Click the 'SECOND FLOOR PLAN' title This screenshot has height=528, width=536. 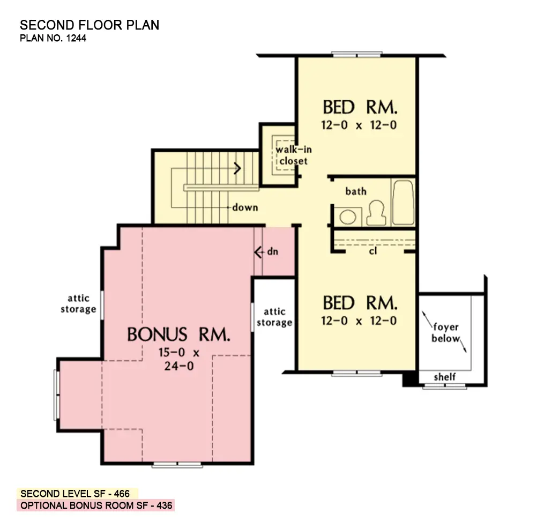(x=90, y=25)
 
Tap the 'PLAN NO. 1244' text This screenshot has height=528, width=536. (x=53, y=38)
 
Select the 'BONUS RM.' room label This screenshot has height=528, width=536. (x=179, y=335)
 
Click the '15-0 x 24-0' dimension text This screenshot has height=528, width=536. (x=179, y=360)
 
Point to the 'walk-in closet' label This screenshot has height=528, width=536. (x=293, y=155)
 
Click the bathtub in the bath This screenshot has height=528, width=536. (x=403, y=203)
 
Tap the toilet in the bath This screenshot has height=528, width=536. (x=376, y=213)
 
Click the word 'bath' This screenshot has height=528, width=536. (x=356, y=191)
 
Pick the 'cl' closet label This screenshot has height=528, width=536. (x=373, y=250)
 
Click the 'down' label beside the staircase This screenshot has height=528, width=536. (x=245, y=207)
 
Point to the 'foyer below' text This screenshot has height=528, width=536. (x=446, y=333)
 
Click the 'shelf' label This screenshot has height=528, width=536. (x=445, y=377)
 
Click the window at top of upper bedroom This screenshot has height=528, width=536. (x=356, y=54)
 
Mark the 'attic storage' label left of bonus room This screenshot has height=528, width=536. (x=78, y=303)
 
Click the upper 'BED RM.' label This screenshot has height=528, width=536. (x=360, y=107)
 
